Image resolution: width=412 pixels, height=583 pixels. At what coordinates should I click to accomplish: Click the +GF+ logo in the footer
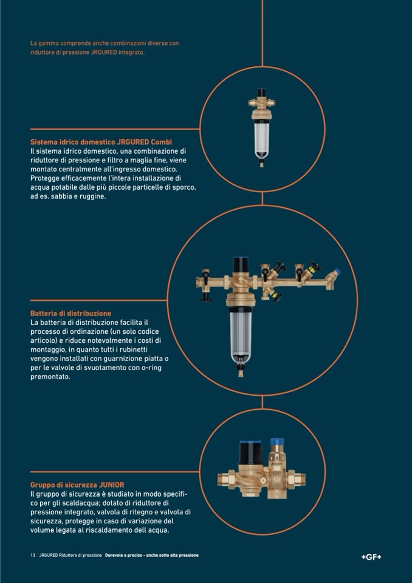pyautogui.click(x=371, y=557)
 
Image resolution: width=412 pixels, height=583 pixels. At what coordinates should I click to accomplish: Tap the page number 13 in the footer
pyautogui.click(x=33, y=555)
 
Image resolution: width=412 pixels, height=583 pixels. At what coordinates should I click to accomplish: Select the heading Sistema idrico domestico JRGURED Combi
pyautogui.click(x=101, y=142)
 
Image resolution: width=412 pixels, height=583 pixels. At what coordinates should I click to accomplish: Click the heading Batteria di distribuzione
pyautogui.click(x=70, y=314)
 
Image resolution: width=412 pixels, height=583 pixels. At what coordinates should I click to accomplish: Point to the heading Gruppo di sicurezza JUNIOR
pyautogui.click(x=77, y=485)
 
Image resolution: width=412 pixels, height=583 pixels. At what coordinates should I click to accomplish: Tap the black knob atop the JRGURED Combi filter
pyautogui.click(x=263, y=92)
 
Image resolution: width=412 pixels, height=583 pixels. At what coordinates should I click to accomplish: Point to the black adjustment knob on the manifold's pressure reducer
pyautogui.click(x=241, y=264)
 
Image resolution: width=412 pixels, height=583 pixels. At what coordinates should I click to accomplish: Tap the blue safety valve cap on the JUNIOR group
pyautogui.click(x=276, y=442)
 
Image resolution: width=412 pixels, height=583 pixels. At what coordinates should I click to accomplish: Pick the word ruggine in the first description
pyautogui.click(x=94, y=197)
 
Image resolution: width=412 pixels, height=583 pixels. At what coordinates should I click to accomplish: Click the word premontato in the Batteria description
pyautogui.click(x=50, y=377)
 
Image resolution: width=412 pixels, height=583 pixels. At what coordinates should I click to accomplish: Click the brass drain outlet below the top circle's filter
pyautogui.click(x=261, y=163)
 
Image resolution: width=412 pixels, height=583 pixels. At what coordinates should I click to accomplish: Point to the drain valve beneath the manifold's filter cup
pyautogui.click(x=241, y=370)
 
